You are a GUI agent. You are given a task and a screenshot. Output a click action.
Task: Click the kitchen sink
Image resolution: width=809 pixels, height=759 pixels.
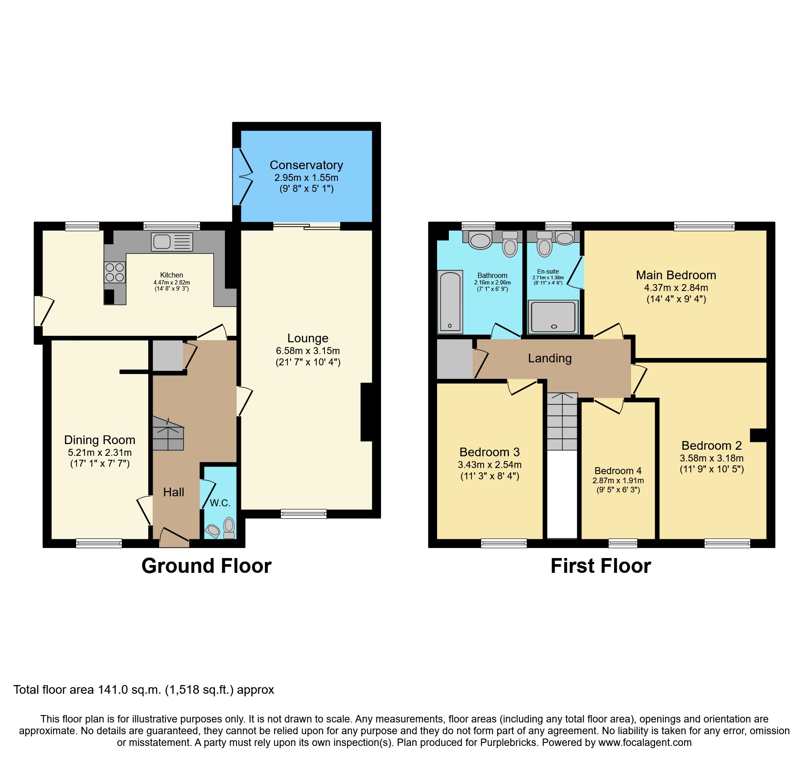(172, 242)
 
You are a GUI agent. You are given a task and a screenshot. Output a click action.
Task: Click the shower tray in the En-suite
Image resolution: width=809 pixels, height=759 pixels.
(553, 317)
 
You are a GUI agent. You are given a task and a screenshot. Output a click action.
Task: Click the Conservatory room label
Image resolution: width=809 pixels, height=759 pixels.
(306, 165)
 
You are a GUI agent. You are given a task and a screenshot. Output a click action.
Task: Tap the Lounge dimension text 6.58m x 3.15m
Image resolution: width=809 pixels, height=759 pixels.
(308, 351)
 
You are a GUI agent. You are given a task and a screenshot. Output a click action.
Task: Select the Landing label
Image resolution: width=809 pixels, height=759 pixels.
(549, 358)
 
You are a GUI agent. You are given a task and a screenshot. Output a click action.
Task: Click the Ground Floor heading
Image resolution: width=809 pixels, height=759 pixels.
(206, 566)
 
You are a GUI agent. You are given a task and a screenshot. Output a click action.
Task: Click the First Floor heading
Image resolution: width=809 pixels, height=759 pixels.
(601, 566)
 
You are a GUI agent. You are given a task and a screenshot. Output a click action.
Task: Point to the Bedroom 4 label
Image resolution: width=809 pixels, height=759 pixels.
(618, 471)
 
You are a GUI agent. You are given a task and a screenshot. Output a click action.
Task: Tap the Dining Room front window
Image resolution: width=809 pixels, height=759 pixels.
(99, 543)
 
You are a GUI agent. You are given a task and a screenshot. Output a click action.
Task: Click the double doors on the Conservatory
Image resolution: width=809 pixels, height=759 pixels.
(242, 177)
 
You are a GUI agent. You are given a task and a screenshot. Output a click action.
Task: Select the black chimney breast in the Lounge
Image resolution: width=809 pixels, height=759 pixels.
(368, 412)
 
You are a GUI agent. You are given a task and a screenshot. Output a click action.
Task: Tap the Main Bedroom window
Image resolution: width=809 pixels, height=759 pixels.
(704, 226)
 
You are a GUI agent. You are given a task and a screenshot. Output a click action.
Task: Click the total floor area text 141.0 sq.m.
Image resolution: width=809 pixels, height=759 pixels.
(144, 690)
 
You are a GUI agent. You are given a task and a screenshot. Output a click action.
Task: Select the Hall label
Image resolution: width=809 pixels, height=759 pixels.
(174, 492)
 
